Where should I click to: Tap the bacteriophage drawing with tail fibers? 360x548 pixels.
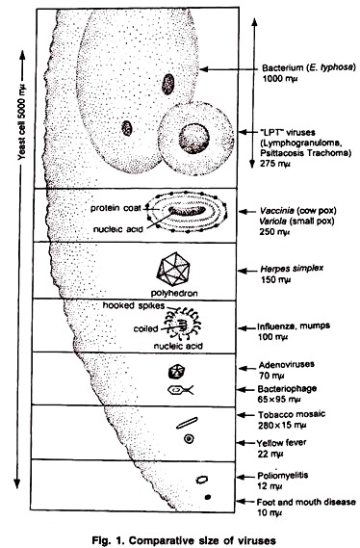coord(180,390)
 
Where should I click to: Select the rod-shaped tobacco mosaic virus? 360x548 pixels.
coord(187,423)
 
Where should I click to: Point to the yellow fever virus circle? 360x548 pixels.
coord(189,438)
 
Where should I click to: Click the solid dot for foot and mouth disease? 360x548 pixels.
coord(208,497)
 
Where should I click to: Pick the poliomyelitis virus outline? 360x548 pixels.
coord(201,480)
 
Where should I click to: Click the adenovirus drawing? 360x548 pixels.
coord(177,372)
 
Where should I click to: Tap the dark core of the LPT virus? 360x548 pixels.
coord(193,139)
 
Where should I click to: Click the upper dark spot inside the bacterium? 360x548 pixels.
coord(167,84)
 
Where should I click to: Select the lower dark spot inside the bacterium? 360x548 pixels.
coord(127,128)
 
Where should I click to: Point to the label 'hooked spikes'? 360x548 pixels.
coord(134,305)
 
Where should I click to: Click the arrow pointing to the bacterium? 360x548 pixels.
coord(228,69)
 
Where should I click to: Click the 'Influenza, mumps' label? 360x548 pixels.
coord(294,326)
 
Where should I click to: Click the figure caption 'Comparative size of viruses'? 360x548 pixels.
coord(202,540)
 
